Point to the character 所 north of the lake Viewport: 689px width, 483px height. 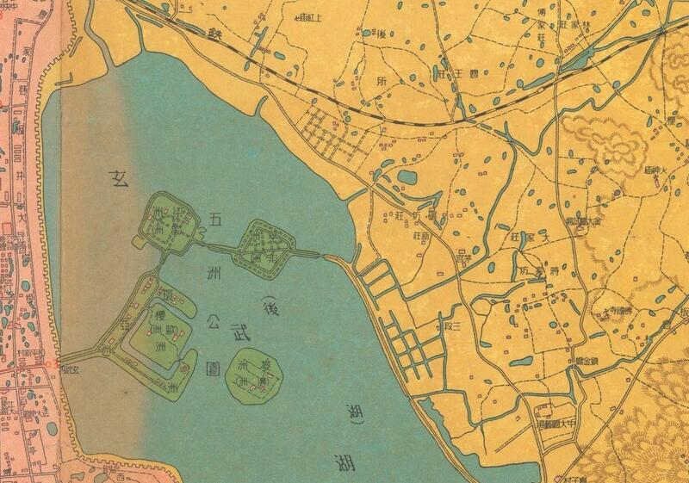coord(383,83)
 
